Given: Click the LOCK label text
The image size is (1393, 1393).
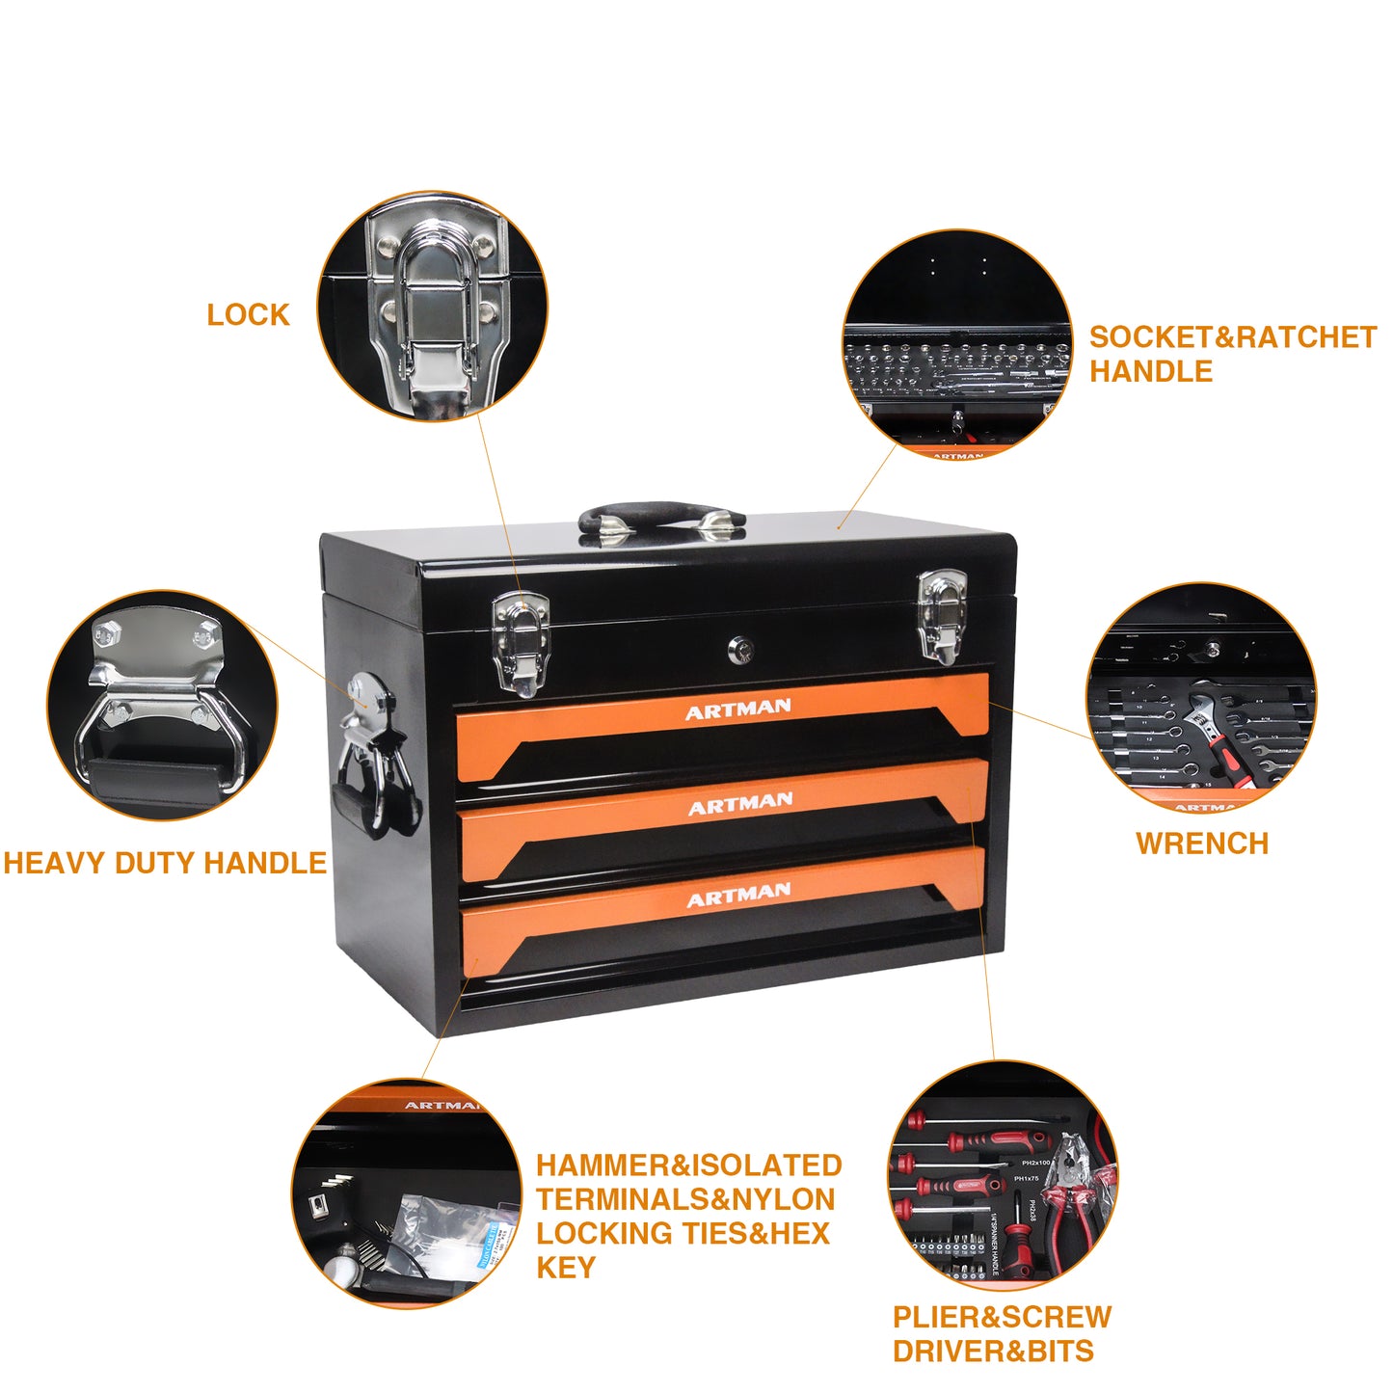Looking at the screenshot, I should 248,315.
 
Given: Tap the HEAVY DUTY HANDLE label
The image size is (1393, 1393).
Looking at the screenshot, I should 165,863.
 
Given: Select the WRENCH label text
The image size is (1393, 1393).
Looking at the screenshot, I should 1201,844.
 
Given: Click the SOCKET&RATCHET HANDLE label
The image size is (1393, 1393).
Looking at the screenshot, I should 1231,354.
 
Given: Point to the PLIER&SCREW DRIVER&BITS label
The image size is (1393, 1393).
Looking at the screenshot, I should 1001,1334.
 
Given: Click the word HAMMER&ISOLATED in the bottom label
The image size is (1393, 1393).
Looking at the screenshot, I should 688,1165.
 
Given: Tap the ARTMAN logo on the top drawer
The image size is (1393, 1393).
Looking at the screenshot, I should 737,710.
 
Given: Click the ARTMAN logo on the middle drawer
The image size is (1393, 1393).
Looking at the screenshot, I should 739,804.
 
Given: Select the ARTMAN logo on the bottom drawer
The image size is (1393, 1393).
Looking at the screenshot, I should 738,897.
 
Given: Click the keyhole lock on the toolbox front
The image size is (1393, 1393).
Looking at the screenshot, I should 738,651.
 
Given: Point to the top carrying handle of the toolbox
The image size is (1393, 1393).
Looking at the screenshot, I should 661,517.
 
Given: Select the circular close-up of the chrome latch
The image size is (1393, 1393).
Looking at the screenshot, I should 433,307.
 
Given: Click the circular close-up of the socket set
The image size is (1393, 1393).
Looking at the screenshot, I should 957,343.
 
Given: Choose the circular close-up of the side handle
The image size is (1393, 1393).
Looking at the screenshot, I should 162,706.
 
